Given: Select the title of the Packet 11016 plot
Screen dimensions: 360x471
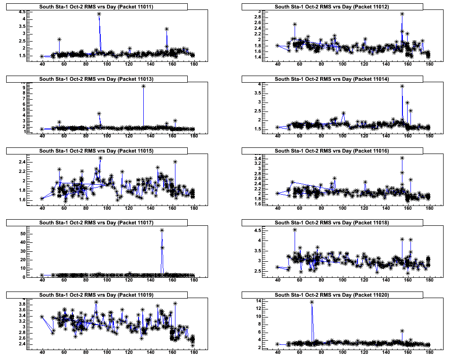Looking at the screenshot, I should (x=332, y=151).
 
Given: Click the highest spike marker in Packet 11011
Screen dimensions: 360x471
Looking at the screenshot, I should (x=99, y=14).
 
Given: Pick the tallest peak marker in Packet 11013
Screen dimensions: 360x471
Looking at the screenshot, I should (x=143, y=86).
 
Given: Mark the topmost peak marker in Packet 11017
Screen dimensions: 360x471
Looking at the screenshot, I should (x=162, y=231).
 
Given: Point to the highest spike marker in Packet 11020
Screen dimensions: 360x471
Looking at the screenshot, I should (x=312, y=302).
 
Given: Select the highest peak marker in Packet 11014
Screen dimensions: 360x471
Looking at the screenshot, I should (x=402, y=86).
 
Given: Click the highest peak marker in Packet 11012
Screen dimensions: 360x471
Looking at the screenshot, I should (x=402, y=14).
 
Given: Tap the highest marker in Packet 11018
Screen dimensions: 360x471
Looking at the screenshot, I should (x=295, y=230).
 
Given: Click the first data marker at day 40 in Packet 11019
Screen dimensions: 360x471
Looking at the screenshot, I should (x=42, y=317).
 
